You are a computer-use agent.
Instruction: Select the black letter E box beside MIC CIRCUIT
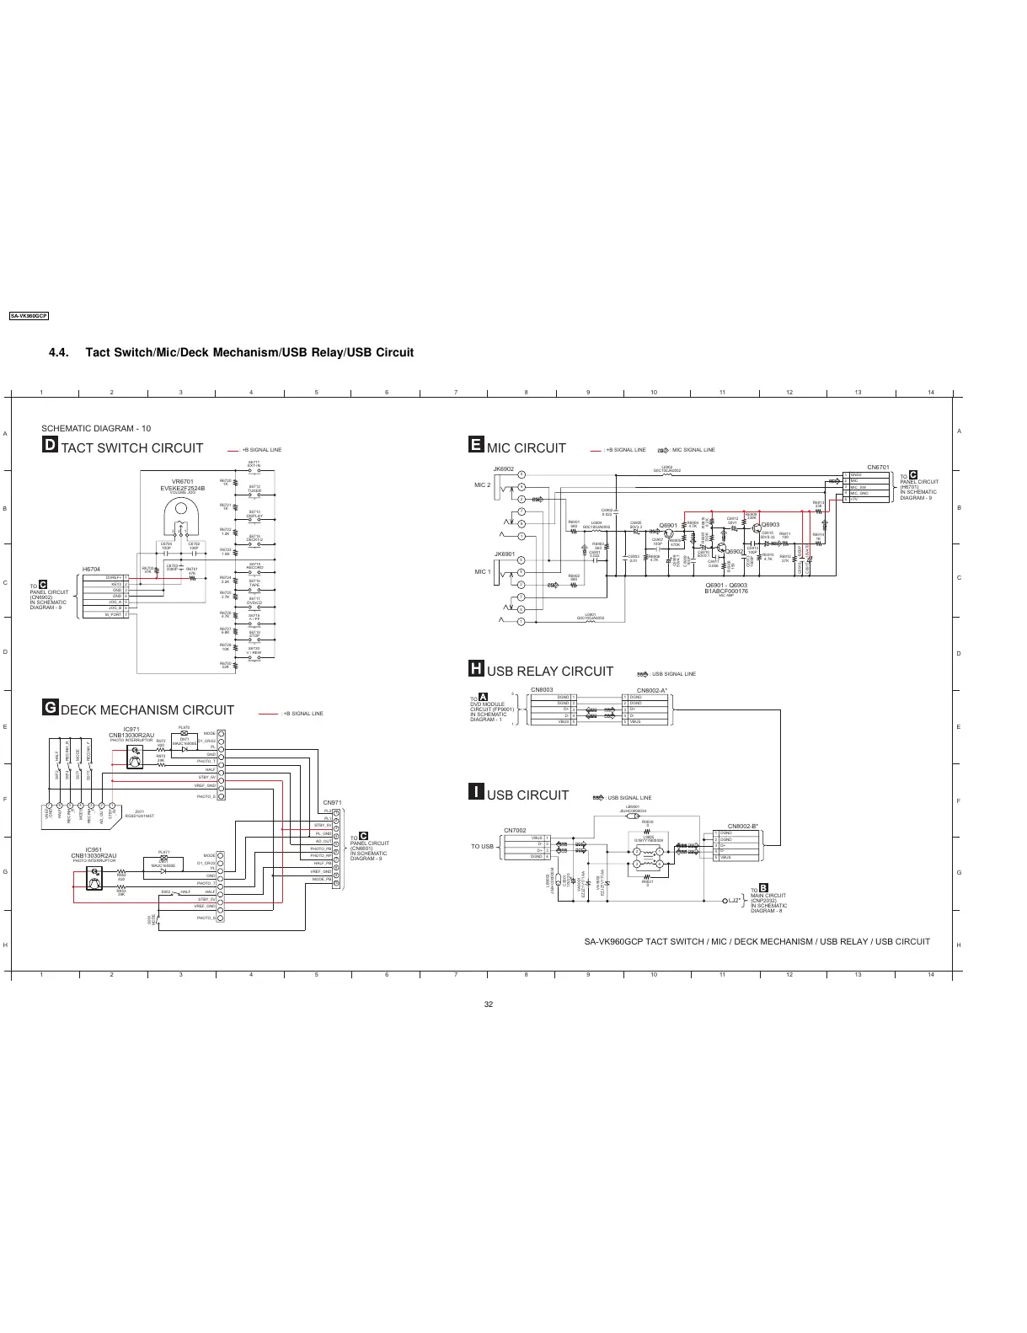476,447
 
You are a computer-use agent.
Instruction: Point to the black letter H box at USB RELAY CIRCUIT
476,670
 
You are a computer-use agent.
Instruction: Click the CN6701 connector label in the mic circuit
878,467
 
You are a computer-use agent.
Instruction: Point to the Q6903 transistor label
770,524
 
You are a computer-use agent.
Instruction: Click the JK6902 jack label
504,468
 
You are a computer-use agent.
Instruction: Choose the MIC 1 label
482,572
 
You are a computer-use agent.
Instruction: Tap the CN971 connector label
332,802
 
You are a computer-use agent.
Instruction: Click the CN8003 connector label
542,689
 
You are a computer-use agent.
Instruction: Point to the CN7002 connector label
515,830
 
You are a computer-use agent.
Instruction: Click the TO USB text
482,846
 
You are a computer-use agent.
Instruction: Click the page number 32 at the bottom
489,1004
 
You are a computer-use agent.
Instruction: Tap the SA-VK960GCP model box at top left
29,316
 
